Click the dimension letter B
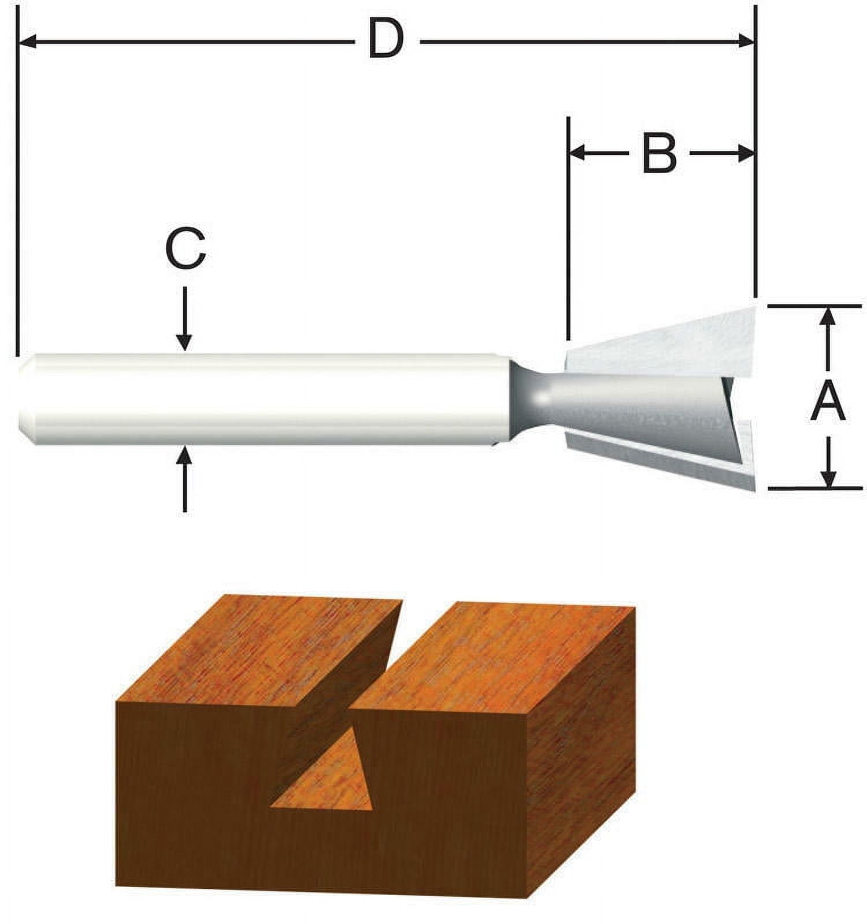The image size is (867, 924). tap(659, 154)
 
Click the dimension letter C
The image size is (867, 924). tap(184, 249)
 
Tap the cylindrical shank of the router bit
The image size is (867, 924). tap(260, 398)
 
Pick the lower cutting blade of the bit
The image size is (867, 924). tap(665, 459)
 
